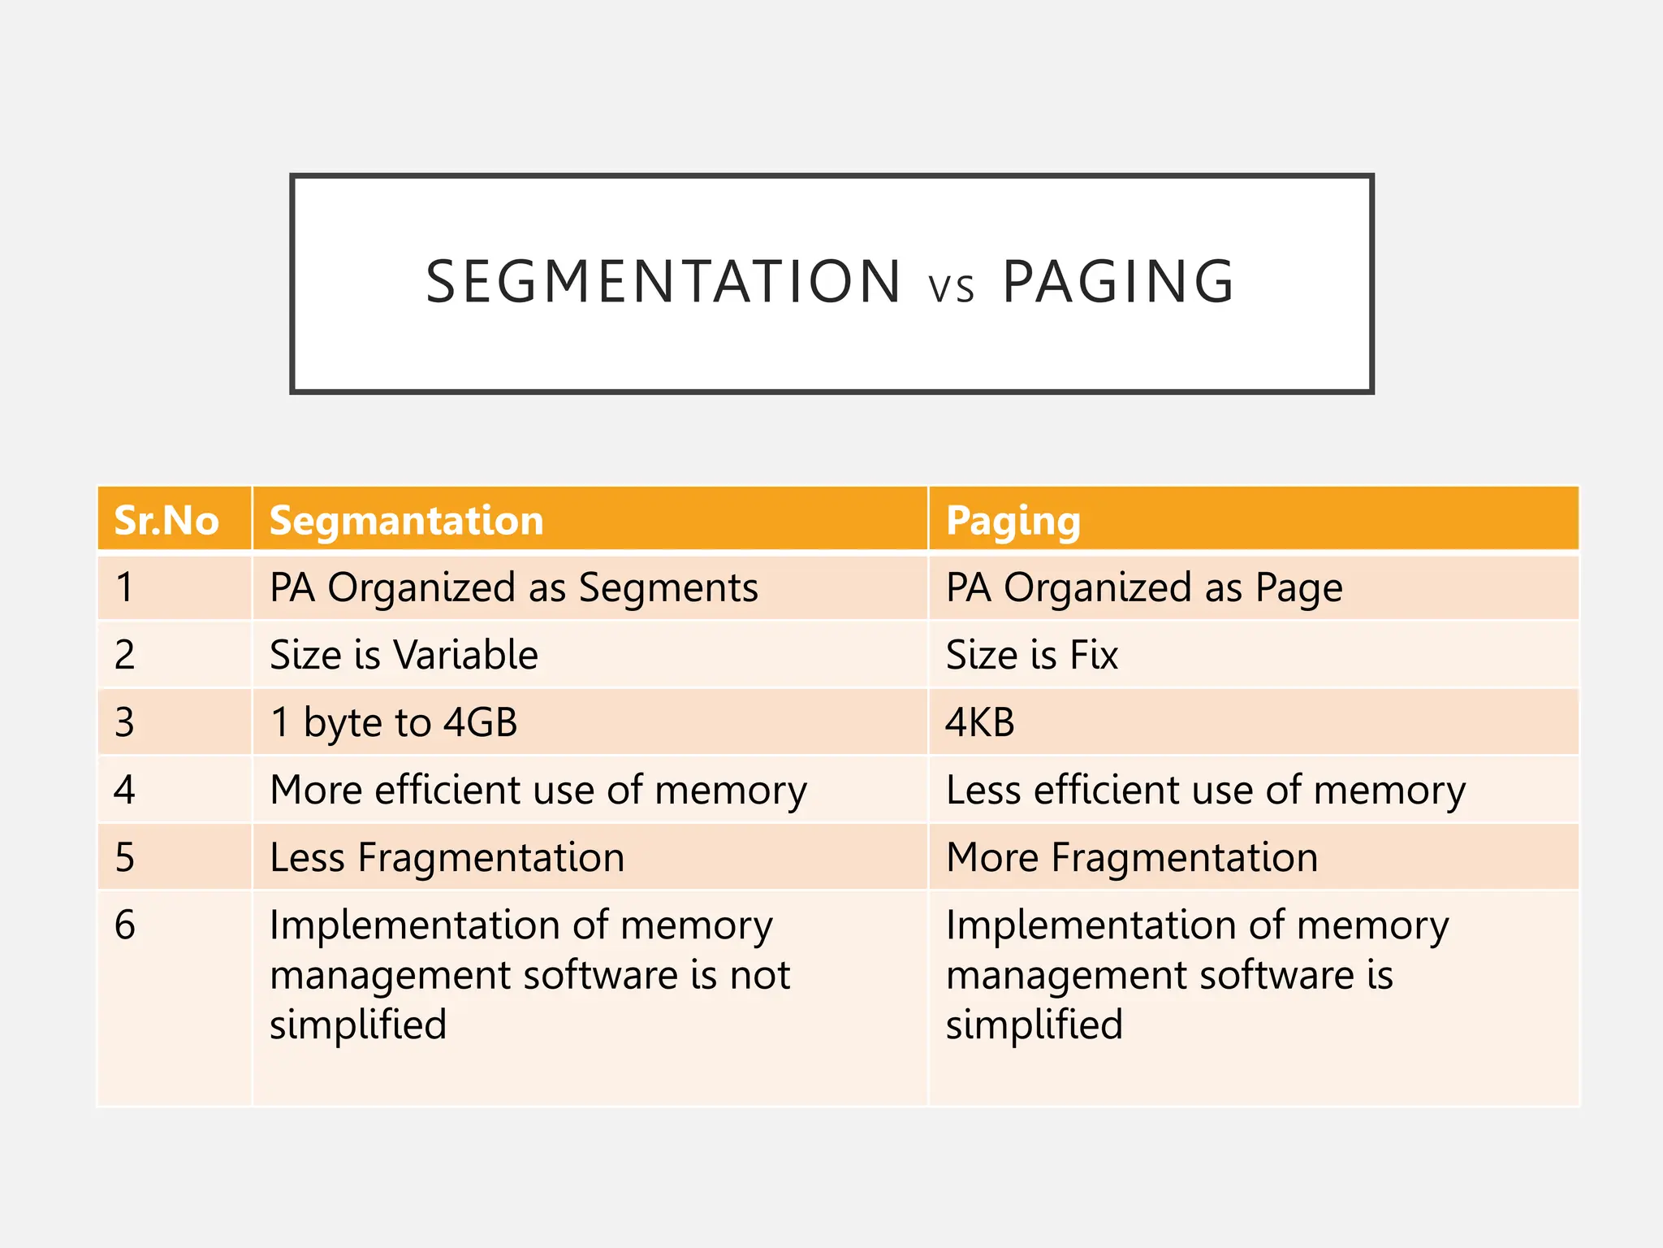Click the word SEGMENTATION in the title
click(663, 282)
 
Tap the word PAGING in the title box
click(1118, 282)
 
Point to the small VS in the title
click(951, 288)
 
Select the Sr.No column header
click(166, 520)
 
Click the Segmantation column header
click(406, 520)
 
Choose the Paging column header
click(1013, 521)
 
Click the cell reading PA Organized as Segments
click(513, 587)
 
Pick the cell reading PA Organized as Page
click(1143, 587)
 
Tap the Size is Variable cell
click(404, 655)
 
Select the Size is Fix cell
click(1031, 655)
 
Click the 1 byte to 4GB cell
click(394, 722)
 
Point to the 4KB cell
click(979, 722)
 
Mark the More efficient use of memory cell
click(538, 790)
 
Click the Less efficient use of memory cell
click(1206, 790)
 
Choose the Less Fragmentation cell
click(447, 857)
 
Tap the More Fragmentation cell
click(1131, 857)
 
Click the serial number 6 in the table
click(125, 925)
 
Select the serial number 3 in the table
click(124, 722)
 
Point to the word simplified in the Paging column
click(1034, 1025)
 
